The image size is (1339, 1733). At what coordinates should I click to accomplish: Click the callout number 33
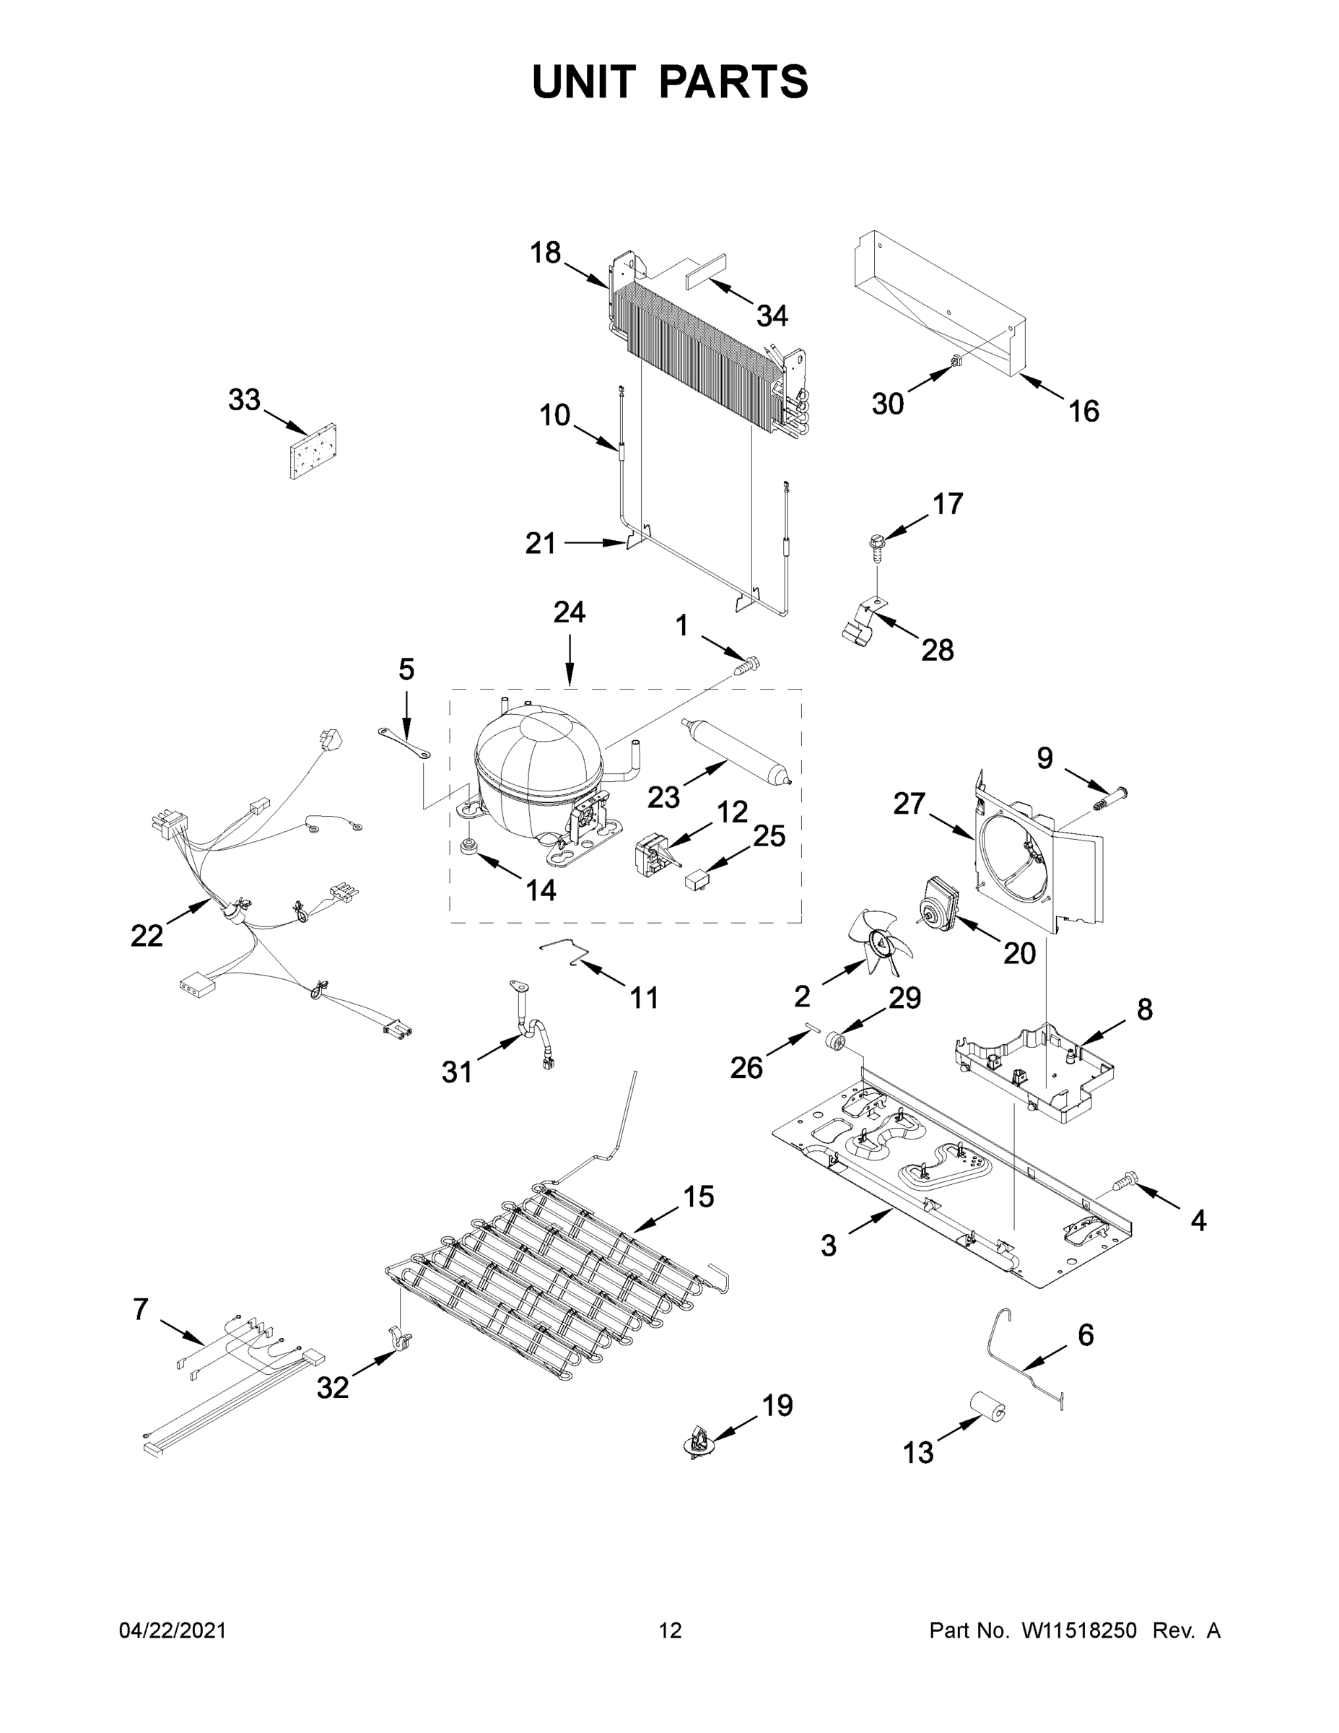pyautogui.click(x=243, y=400)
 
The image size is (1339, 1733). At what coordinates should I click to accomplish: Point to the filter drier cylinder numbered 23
pyautogui.click(x=736, y=751)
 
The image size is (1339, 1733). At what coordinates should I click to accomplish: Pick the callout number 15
pyautogui.click(x=698, y=1196)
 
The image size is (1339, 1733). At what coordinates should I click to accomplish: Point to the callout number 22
pyautogui.click(x=147, y=937)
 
